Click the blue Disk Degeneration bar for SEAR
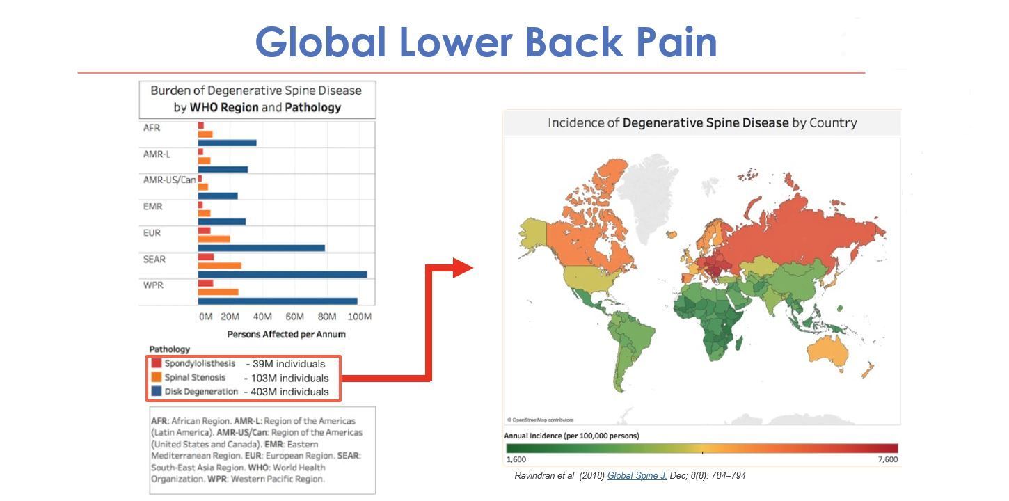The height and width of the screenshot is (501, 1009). click(x=283, y=274)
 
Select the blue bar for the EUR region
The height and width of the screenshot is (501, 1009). click(x=261, y=248)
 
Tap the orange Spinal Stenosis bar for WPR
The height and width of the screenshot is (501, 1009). click(x=218, y=292)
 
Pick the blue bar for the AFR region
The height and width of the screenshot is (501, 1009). click(x=228, y=143)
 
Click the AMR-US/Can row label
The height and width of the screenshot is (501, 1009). click(x=169, y=180)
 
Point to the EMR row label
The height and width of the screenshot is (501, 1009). click(x=152, y=207)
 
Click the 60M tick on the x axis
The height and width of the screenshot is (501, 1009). click(x=294, y=317)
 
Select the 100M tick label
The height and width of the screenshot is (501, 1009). click(x=360, y=317)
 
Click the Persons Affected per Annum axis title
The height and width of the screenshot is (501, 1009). click(x=287, y=334)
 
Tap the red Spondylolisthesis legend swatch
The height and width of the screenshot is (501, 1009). click(x=157, y=363)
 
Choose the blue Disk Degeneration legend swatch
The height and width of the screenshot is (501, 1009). click(x=157, y=390)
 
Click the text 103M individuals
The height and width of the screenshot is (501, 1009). click(x=289, y=378)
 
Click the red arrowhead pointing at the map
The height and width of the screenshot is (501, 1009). click(x=463, y=268)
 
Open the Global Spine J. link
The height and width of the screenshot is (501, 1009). click(x=637, y=475)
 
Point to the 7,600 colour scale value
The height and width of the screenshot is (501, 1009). click(x=887, y=459)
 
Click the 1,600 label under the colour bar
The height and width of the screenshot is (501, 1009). click(x=516, y=459)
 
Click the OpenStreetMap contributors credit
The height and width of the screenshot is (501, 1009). click(x=541, y=420)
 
